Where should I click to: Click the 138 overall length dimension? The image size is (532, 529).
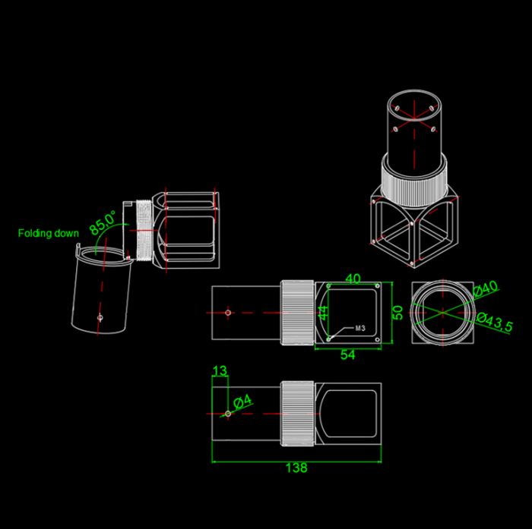point(296,468)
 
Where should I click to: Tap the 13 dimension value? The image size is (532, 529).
point(220,370)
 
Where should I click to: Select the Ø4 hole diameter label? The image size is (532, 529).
point(243,401)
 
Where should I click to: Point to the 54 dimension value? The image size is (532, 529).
point(348,354)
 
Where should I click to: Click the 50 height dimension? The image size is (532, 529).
point(398,313)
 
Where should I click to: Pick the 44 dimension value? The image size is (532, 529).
point(323,313)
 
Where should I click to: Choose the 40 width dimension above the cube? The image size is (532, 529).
point(353,279)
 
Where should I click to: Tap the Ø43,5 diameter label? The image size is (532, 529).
point(495,323)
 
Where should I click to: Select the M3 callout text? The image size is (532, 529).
point(360,328)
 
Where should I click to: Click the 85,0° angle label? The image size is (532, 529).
point(103,222)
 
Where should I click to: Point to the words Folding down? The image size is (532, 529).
point(48,233)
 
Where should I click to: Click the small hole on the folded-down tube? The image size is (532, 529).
point(100,317)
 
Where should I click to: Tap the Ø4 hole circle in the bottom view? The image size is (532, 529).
point(228,414)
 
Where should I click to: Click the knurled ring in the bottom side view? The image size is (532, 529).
point(298,414)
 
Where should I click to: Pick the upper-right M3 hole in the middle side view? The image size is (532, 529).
point(377,286)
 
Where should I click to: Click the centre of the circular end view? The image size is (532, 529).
point(443,313)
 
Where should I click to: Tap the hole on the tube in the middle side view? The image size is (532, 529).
point(228,313)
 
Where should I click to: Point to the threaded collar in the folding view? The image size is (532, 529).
point(144,230)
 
